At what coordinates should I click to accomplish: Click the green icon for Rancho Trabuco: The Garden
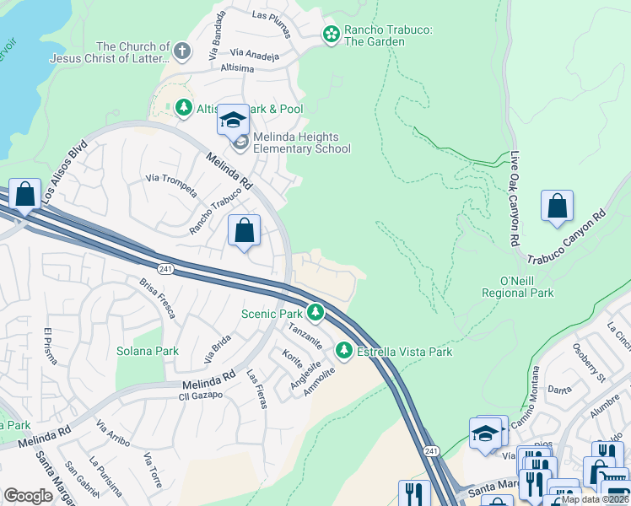pos(332,34)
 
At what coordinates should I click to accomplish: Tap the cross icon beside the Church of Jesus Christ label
pos(181,52)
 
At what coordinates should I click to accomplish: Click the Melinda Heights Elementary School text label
pos(302,143)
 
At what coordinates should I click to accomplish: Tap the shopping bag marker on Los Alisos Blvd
pos(25,194)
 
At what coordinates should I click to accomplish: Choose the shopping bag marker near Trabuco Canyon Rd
pos(557,206)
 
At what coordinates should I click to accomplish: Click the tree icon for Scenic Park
pos(315,313)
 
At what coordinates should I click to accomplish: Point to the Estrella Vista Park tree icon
pos(344,350)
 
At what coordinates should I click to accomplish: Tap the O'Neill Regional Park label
pos(517,287)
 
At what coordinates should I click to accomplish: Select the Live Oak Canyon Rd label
pos(515,199)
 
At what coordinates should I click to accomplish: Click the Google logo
pos(28,496)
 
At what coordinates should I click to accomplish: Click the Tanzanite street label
pos(305,335)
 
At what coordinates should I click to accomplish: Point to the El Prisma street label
pos(51,345)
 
